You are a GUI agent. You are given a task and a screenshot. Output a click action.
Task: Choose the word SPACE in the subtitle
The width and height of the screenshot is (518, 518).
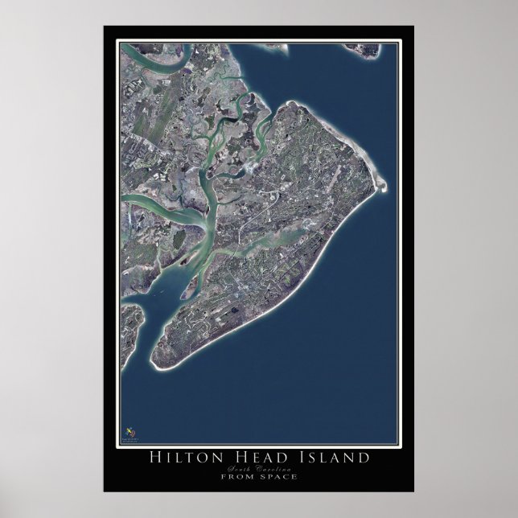[x=277, y=477]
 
